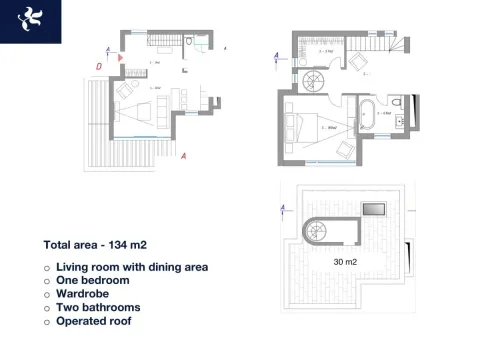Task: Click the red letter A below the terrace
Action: pyautogui.click(x=185, y=155)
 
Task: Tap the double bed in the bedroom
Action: pyautogui.click(x=305, y=126)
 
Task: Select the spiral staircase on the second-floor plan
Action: pyautogui.click(x=314, y=79)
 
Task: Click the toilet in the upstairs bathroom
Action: pyautogui.click(x=398, y=101)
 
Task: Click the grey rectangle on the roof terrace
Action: pyautogui.click(x=373, y=208)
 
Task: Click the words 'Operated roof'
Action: pyautogui.click(x=93, y=322)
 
